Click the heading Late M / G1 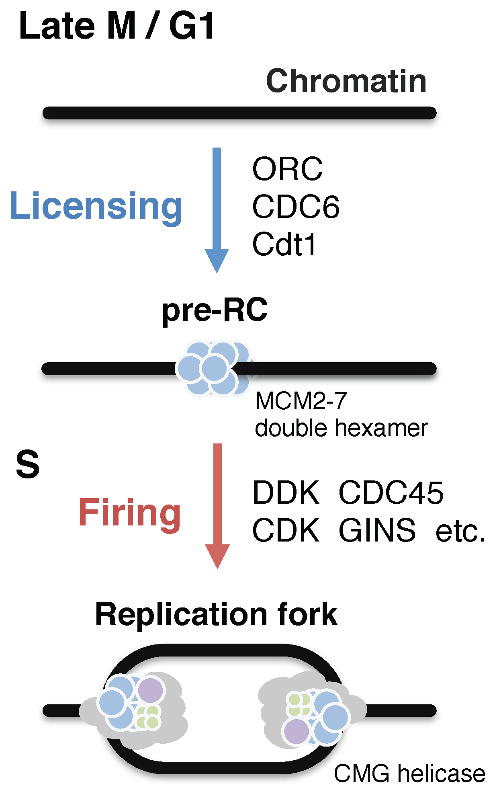(x=117, y=27)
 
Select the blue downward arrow (x=217, y=209)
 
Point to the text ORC (x=287, y=169)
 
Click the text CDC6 (x=296, y=207)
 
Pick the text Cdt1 (x=284, y=244)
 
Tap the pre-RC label (x=215, y=310)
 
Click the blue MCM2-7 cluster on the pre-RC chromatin (x=214, y=368)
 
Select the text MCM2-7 (x=301, y=401)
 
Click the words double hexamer (x=341, y=428)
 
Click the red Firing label (x=129, y=513)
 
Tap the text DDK (x=286, y=492)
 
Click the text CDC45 (x=391, y=492)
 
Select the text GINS (x=377, y=531)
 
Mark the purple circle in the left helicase (x=151, y=690)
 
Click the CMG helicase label (x=409, y=773)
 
